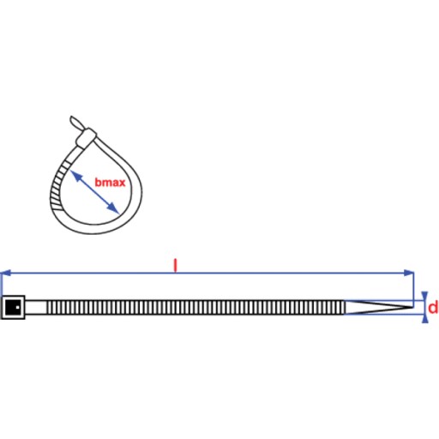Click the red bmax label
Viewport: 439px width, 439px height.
click(x=110, y=183)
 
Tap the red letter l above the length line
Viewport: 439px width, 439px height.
click(x=176, y=266)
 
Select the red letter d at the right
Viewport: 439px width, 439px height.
click(x=433, y=308)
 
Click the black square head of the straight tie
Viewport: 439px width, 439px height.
click(x=13, y=307)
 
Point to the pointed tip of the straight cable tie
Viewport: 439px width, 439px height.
click(x=412, y=307)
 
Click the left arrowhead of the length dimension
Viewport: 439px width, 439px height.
click(x=6, y=273)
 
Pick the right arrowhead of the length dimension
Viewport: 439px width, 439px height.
click(x=409, y=273)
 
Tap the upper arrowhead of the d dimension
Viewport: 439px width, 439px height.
click(x=425, y=296)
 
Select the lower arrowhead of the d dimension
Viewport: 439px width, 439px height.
click(x=425, y=319)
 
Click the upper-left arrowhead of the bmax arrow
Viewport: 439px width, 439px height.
click(x=75, y=175)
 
